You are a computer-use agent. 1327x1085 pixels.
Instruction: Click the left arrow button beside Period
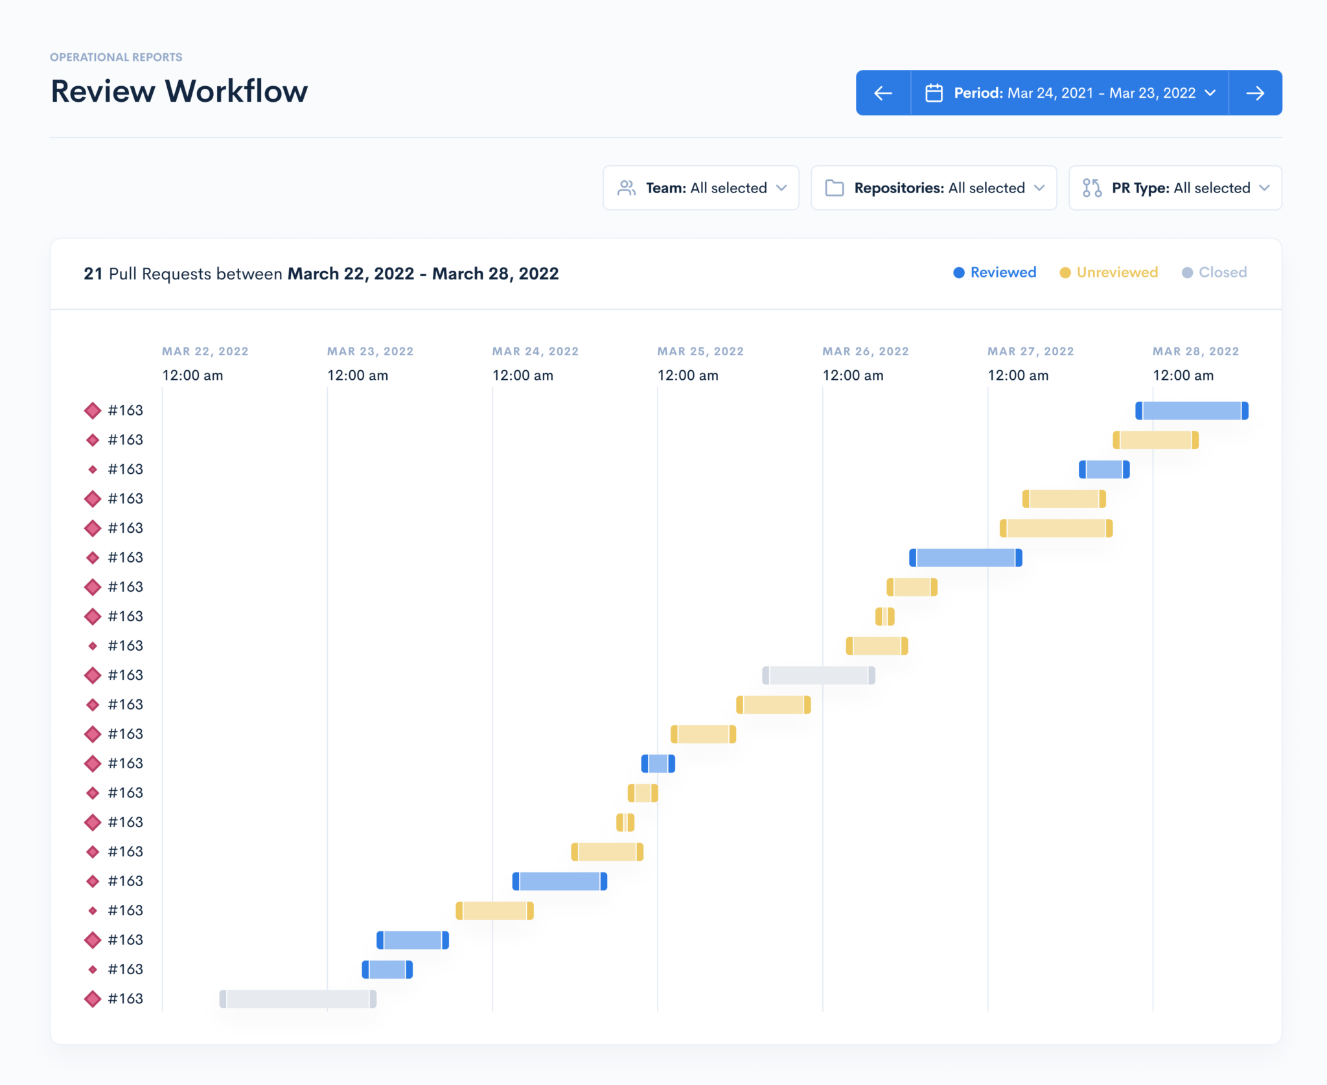[x=883, y=93]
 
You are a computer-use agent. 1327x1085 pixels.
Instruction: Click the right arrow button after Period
[x=1255, y=93]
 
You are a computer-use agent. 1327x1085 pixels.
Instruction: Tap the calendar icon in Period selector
[x=934, y=93]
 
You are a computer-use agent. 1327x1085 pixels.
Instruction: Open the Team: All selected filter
[x=701, y=188]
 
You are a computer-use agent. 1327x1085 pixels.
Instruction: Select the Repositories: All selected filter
[x=934, y=188]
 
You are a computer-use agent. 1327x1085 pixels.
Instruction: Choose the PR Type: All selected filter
[x=1175, y=188]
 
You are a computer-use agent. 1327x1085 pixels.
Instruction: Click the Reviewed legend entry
[x=995, y=272]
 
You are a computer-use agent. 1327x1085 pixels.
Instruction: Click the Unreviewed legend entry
[x=1109, y=272]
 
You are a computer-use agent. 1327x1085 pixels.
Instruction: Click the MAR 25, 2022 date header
[x=700, y=351]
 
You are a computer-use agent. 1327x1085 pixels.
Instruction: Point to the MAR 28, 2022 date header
[x=1195, y=351]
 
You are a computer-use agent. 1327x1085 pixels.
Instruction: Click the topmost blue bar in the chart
[x=1192, y=410]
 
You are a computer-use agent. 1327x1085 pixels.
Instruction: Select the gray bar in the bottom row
[x=297, y=999]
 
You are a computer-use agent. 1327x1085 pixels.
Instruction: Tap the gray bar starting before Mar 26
[x=818, y=675]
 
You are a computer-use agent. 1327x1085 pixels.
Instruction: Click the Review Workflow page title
[x=179, y=91]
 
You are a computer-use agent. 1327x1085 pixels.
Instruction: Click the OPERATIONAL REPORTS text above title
[x=116, y=57]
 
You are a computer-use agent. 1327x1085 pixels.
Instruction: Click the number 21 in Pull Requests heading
[x=93, y=274]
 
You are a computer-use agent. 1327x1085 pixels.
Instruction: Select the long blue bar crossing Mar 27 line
[x=965, y=557]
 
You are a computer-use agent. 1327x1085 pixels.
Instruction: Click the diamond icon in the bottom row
[x=93, y=999]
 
